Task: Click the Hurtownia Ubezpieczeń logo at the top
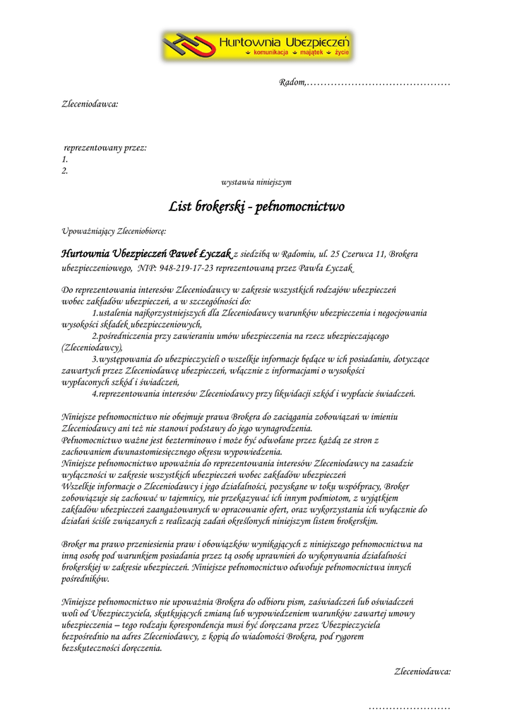pos(256,45)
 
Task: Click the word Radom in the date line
pos(292,84)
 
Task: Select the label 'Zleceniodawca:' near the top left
pos(90,104)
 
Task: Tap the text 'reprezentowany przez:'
pos(105,148)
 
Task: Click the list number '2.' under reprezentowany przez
pos(65,171)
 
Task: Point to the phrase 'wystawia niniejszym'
pos(256,182)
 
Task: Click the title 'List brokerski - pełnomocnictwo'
pos(256,207)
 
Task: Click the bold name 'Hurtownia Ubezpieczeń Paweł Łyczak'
pos(146,253)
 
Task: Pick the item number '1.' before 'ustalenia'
pos(95,313)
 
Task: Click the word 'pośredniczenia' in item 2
pos(129,336)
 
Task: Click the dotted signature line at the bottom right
pos(410,706)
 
